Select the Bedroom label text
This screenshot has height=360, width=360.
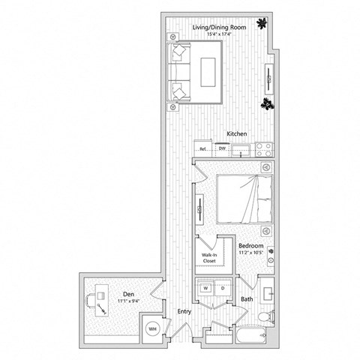click(x=250, y=245)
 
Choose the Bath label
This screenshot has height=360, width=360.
click(x=246, y=300)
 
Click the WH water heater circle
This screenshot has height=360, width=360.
click(x=152, y=328)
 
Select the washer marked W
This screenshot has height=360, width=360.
click(x=205, y=287)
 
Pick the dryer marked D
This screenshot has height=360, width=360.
click(x=222, y=287)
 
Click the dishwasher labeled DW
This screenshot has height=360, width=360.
click(x=222, y=148)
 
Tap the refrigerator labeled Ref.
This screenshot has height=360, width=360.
click(x=203, y=148)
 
